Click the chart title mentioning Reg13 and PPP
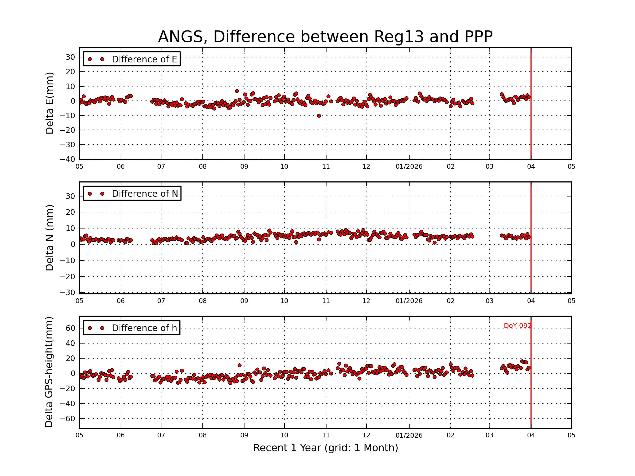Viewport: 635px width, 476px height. tap(325, 37)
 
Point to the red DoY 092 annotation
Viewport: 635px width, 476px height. tap(517, 326)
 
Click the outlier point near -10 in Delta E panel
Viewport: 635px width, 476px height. tap(319, 116)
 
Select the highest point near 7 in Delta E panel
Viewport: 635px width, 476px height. tap(237, 91)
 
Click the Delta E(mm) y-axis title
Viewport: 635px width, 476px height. tap(49, 103)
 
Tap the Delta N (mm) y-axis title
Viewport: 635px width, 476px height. tap(49, 237)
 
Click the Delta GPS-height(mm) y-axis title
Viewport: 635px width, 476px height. tap(49, 372)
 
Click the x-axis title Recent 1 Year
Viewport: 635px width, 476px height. tap(325, 448)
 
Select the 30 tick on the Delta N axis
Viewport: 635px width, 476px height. tap(70, 196)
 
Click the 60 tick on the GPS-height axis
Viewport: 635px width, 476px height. tap(70, 328)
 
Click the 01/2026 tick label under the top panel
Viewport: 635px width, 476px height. tap(409, 167)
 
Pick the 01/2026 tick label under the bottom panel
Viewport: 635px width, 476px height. tap(409, 435)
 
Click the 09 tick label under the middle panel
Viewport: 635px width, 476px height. tap(244, 301)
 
